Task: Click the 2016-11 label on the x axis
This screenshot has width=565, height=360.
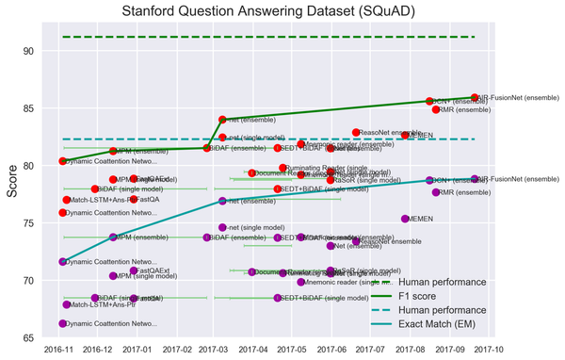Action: coord(63,350)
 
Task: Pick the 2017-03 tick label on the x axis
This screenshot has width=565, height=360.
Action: coord(213,350)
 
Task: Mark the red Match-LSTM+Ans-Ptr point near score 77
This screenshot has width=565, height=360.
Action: coord(67,200)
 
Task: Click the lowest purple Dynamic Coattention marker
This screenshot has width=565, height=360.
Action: coord(63,323)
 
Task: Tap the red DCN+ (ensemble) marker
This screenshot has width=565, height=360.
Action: coord(429,101)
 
